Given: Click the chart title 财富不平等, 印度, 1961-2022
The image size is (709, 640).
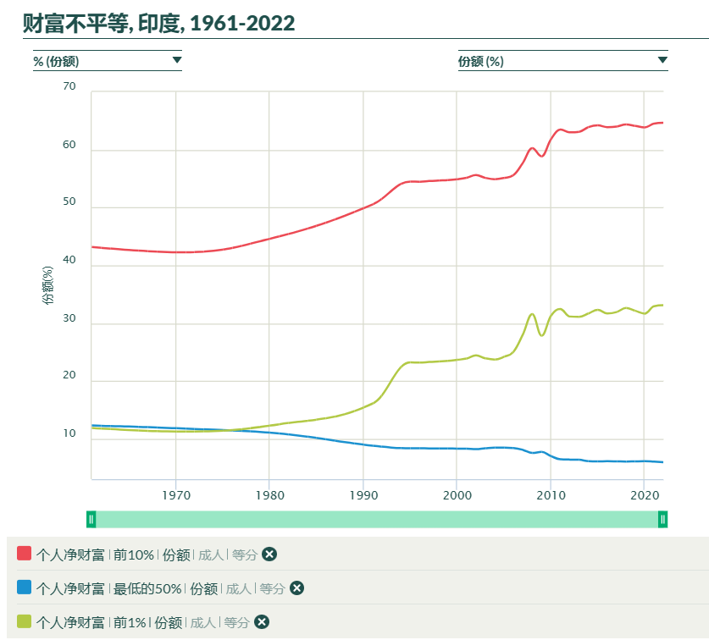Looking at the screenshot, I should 158,23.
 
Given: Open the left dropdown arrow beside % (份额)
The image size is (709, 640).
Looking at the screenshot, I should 176,60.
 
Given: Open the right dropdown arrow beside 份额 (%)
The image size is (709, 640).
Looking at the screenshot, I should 662,60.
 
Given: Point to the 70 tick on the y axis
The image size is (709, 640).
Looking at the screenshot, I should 69,86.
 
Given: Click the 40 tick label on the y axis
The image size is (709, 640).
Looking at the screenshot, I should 69,262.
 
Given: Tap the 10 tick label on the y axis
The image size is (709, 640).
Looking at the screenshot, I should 69,434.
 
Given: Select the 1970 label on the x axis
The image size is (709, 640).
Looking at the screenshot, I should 175,494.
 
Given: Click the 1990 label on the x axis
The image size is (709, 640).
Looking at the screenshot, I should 363,494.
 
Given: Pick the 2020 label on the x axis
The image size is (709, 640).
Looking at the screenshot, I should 644,494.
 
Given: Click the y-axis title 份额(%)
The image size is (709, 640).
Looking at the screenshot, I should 48,285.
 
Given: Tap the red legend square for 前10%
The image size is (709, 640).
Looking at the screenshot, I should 24,554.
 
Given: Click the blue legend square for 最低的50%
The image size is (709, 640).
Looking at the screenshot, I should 24,588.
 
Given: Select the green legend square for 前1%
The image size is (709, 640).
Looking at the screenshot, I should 24,621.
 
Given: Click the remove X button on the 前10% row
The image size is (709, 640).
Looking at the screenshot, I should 269,554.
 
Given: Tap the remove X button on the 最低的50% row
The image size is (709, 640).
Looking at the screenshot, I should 296,588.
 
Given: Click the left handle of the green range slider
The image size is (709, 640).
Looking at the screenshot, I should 91,519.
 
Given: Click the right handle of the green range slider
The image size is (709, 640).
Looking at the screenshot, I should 663,519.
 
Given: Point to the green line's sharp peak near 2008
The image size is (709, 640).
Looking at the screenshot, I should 532,314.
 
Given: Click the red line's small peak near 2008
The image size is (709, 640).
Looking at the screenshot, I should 532,148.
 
